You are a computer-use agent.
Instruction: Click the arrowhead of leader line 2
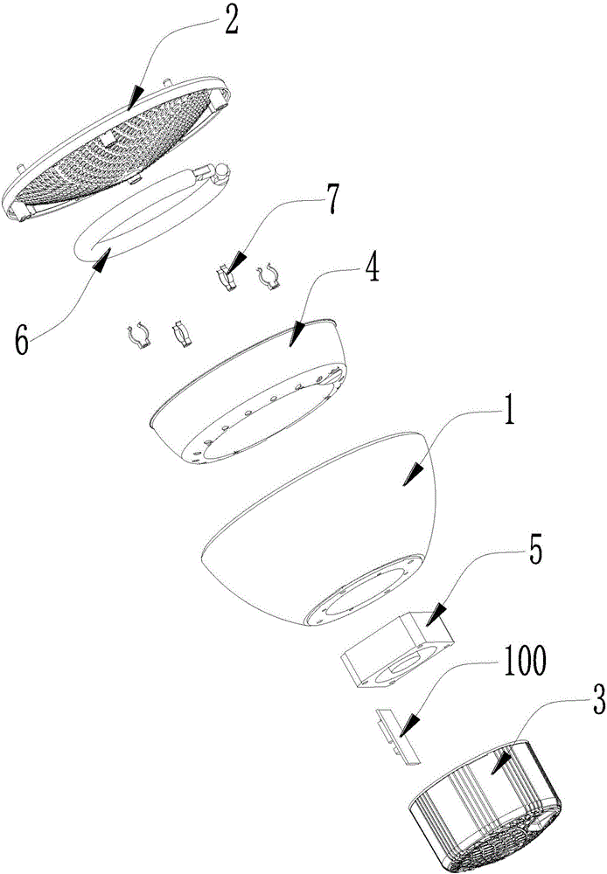pos(134,102)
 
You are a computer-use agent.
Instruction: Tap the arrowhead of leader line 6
pos(103,256)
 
